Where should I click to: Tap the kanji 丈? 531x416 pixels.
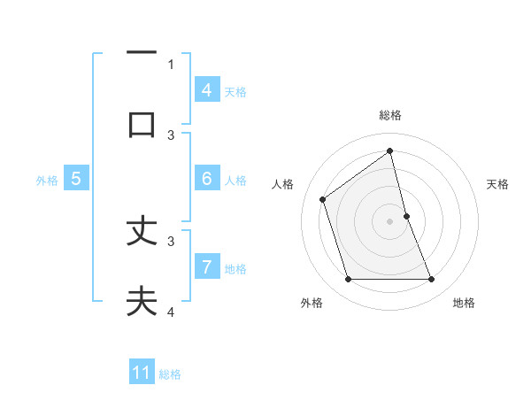[142, 231]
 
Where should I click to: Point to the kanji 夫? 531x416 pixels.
[142, 301]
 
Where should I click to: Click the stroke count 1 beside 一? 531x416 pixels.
[172, 64]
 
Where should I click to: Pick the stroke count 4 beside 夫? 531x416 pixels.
[172, 312]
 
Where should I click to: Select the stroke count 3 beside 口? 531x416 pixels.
[172, 135]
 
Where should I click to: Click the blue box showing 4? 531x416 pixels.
[206, 89]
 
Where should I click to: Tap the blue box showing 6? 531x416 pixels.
[206, 178]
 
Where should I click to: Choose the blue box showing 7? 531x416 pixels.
[206, 266]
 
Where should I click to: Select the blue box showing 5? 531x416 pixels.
[76, 178]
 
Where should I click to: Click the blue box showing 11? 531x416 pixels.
[142, 373]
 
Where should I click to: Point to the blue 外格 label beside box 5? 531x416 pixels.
[47, 180]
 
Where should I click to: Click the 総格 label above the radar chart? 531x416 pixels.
[390, 115]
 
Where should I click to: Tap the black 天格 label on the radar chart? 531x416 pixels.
[498, 184]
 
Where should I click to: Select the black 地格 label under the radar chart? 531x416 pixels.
[464, 303]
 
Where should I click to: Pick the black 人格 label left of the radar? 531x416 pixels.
[282, 184]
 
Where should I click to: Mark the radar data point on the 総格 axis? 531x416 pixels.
[390, 150]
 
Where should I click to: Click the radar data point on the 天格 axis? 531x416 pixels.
[406, 216]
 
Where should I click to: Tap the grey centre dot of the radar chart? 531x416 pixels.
[390, 221]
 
